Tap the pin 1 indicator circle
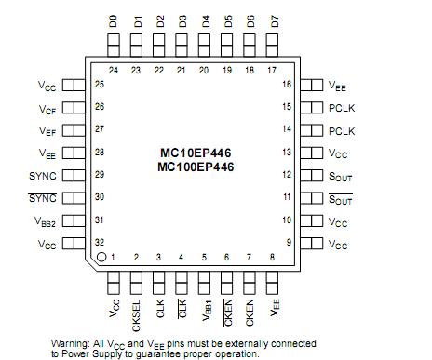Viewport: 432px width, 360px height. click(x=101, y=256)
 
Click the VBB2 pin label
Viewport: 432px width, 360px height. click(x=44, y=220)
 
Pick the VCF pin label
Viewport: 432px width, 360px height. click(x=47, y=108)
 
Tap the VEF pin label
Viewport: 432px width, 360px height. click(x=47, y=130)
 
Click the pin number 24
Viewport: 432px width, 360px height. click(x=115, y=70)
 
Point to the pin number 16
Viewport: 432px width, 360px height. click(x=287, y=85)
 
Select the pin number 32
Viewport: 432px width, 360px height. click(x=100, y=243)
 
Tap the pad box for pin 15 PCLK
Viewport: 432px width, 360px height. click(x=313, y=108)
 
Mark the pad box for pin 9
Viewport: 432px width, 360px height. click(x=313, y=244)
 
